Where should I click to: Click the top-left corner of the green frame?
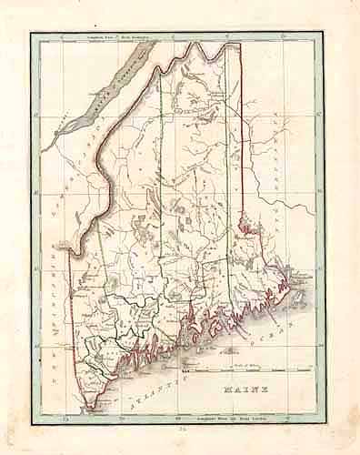pyautogui.click(x=32, y=34)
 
